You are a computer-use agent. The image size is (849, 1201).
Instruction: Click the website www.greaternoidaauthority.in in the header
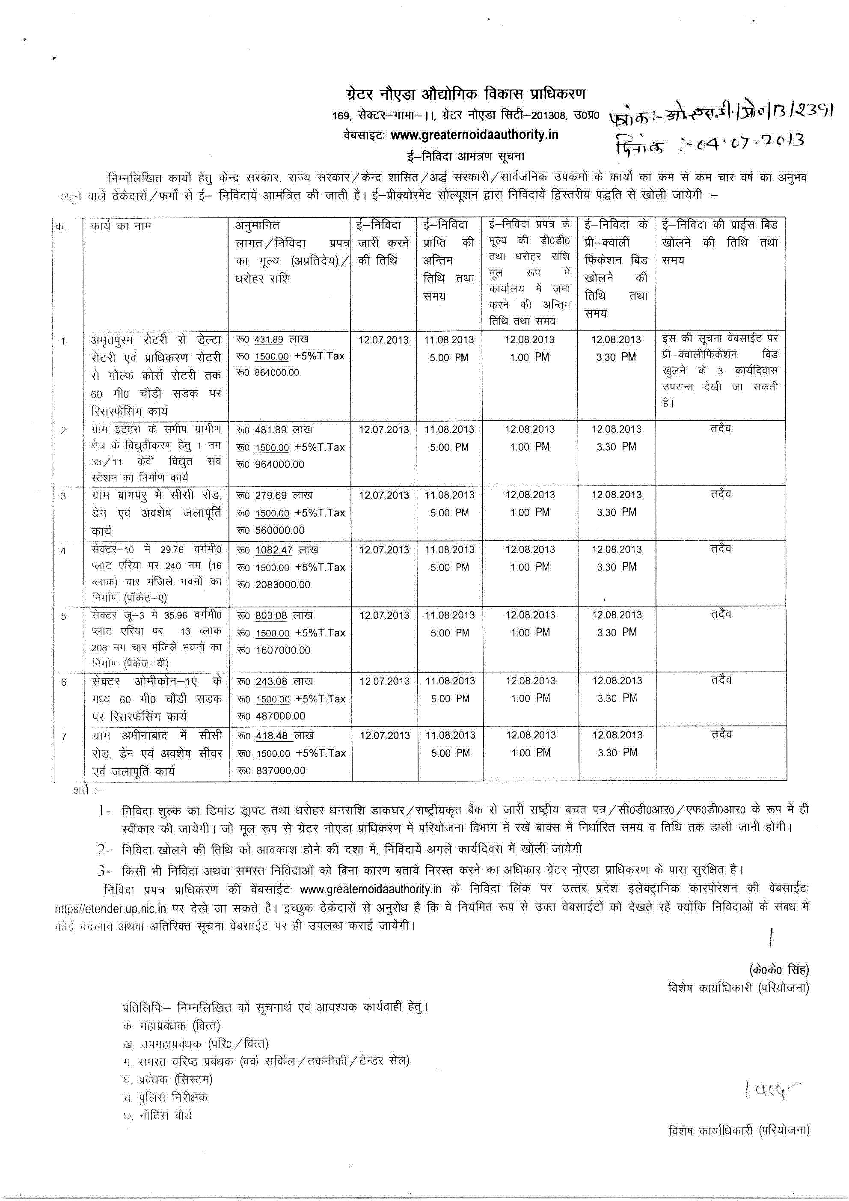(x=474, y=135)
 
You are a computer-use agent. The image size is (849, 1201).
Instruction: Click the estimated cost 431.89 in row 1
(x=268, y=339)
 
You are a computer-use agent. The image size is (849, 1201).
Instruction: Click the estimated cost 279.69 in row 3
(x=270, y=495)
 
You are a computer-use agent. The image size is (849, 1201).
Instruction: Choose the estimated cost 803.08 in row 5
(x=271, y=615)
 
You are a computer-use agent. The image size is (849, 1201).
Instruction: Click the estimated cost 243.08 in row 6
(x=271, y=681)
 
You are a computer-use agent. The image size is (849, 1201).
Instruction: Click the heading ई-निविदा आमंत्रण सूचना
(x=466, y=156)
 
